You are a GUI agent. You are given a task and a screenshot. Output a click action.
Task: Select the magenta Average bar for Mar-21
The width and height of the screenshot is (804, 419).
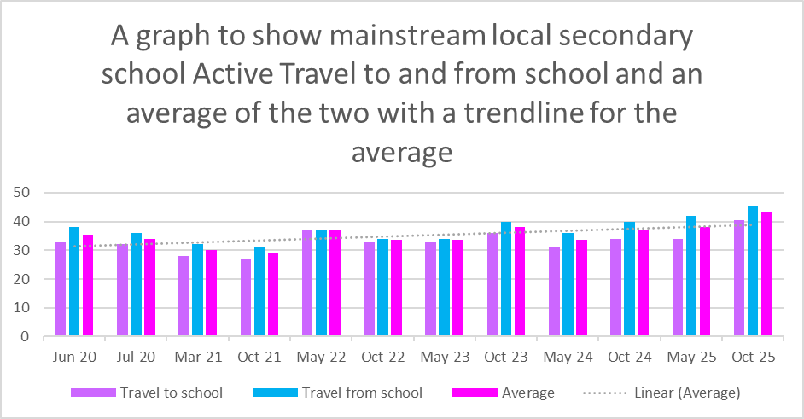coord(211,294)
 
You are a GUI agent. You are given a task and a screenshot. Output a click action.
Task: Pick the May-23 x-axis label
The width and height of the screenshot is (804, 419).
coord(445,358)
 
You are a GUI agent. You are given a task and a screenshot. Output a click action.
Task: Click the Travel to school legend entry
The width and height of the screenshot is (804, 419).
coord(171,393)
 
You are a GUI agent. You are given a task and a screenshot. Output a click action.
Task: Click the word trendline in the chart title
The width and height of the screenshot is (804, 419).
coord(526,113)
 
